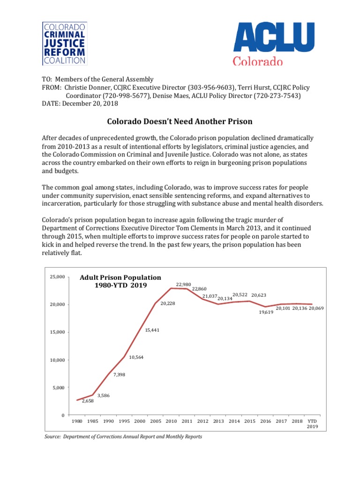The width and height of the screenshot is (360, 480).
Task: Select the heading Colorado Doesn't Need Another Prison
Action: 180,121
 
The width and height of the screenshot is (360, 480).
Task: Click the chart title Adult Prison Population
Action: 120,277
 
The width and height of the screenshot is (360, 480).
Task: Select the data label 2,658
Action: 88,401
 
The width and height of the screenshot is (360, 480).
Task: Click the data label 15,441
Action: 152,330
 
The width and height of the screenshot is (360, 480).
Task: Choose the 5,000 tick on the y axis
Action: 58,388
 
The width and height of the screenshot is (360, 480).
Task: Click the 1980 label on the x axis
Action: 77,421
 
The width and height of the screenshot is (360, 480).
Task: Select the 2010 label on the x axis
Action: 171,421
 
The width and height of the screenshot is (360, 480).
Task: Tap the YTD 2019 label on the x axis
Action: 312,424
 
